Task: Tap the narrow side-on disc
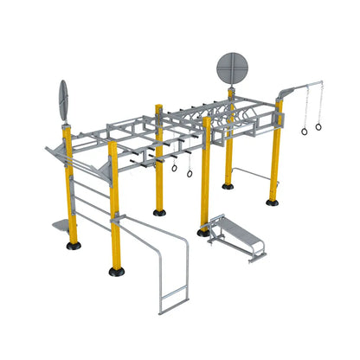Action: click(x=63, y=100)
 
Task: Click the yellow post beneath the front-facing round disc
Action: click(x=229, y=147)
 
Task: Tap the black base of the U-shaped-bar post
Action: click(x=116, y=271)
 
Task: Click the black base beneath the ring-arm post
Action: click(x=273, y=202)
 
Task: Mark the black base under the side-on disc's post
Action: click(x=74, y=245)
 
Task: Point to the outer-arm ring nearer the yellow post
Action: click(x=305, y=131)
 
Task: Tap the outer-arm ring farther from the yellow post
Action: click(x=318, y=126)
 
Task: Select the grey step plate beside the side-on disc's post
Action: click(x=57, y=225)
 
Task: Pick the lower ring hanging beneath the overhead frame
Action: click(x=189, y=172)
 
